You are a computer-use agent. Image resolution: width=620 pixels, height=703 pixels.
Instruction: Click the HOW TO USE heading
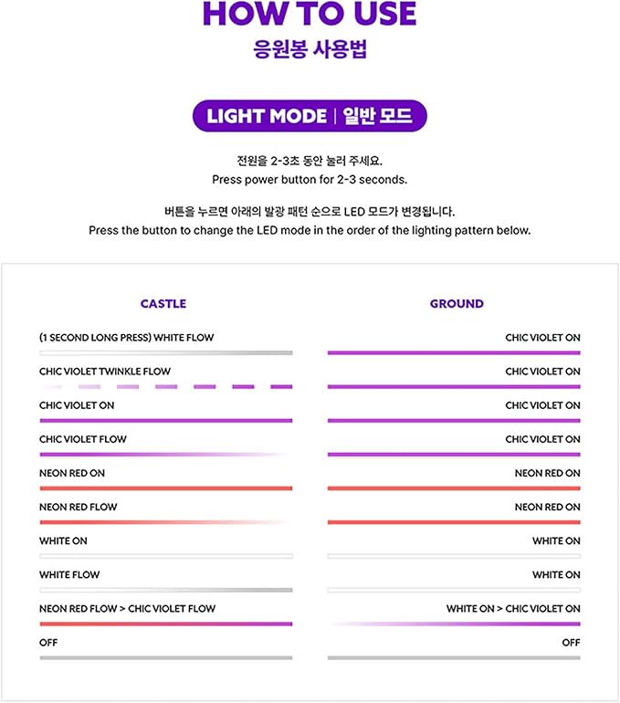(x=310, y=14)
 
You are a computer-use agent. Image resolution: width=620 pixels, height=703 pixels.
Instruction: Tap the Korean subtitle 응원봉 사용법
(x=310, y=48)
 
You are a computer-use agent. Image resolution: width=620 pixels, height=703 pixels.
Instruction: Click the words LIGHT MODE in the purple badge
(x=267, y=116)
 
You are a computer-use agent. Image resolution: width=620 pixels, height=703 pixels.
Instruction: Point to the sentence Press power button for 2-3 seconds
(x=310, y=179)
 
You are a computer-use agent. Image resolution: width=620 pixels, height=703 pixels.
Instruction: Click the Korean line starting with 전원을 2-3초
(x=310, y=161)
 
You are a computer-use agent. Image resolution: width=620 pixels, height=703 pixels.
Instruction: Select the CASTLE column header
(x=163, y=303)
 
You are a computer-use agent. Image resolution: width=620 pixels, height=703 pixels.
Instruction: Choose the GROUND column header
(x=457, y=303)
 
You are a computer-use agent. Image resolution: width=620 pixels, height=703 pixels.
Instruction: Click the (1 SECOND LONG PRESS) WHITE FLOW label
(x=127, y=338)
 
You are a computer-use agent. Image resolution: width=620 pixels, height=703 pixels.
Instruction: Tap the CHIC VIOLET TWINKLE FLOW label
(x=105, y=372)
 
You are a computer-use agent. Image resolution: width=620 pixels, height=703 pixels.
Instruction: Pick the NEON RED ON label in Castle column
(x=72, y=473)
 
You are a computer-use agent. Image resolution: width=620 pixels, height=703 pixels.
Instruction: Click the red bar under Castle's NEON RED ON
(x=166, y=488)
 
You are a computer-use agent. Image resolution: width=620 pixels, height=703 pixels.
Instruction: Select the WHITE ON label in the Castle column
(x=63, y=540)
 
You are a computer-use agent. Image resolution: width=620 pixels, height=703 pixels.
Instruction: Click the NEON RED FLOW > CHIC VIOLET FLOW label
(x=128, y=608)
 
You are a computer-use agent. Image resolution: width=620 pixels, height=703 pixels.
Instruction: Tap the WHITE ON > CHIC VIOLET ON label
(x=513, y=608)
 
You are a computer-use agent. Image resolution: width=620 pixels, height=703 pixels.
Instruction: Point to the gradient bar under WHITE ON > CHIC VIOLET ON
(x=454, y=624)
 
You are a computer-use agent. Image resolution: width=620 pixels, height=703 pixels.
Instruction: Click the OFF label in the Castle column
(x=48, y=643)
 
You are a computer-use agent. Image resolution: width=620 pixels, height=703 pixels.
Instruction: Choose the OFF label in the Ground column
(x=571, y=643)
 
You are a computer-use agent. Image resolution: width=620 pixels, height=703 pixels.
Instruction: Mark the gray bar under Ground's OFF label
(x=454, y=657)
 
